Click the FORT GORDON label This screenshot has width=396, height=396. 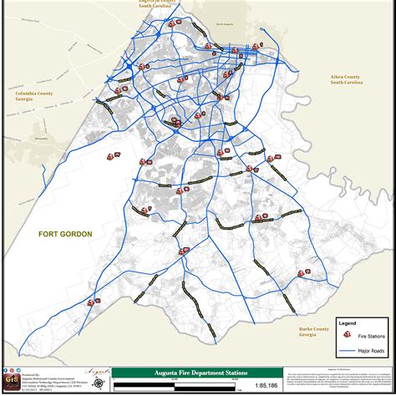(x=64, y=235)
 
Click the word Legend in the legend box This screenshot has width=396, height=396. (x=347, y=322)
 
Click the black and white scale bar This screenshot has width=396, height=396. (x=171, y=385)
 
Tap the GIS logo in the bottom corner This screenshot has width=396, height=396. (x=12, y=380)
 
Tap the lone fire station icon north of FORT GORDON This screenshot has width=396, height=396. (x=112, y=155)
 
